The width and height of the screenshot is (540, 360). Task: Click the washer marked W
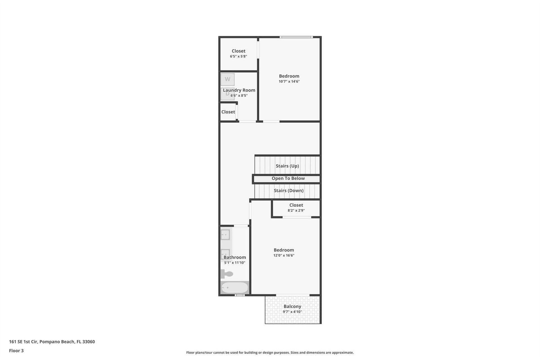point(227,79)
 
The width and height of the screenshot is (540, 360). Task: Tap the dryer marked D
point(227,94)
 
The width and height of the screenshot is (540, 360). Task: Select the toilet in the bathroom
point(227,274)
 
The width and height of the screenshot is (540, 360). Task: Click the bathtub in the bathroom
point(235,287)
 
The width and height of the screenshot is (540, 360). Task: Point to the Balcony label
point(292,306)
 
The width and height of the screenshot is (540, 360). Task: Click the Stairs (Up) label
point(287,166)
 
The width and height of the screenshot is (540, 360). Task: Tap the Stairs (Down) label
point(289,190)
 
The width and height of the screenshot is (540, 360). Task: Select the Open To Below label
point(288,178)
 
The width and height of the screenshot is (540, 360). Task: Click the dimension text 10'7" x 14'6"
point(289,82)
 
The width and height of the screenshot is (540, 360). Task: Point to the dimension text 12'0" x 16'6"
point(284,255)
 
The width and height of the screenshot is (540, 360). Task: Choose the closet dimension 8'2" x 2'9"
point(296,210)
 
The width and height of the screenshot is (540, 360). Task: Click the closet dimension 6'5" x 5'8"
point(238,56)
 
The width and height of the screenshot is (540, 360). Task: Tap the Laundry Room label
point(239,90)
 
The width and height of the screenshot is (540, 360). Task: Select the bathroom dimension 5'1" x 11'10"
point(235,263)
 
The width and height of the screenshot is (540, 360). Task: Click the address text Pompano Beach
point(57,342)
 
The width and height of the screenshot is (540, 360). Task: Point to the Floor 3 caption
point(16,351)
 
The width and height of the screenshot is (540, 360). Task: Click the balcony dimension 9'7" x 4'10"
point(292,312)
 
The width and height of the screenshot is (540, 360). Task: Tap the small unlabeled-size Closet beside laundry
point(228,112)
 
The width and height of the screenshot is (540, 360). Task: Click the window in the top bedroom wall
point(296,37)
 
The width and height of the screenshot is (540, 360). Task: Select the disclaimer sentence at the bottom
point(270,352)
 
